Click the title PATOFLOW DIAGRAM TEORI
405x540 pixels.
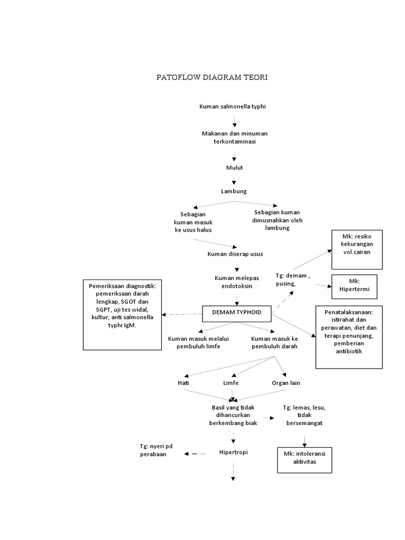[212, 78]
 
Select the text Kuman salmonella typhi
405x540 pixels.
[233, 107]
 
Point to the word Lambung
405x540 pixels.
[234, 191]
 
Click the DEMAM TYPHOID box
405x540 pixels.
[237, 313]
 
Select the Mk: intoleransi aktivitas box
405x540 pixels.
[306, 458]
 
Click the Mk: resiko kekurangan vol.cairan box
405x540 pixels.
[356, 249]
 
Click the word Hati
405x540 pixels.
[183, 382]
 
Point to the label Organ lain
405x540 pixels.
[286, 382]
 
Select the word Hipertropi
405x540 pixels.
[233, 452]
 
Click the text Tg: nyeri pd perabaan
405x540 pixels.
[156, 450]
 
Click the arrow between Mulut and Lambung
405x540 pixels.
[234, 179]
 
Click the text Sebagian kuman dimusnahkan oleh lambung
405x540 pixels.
[278, 220]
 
